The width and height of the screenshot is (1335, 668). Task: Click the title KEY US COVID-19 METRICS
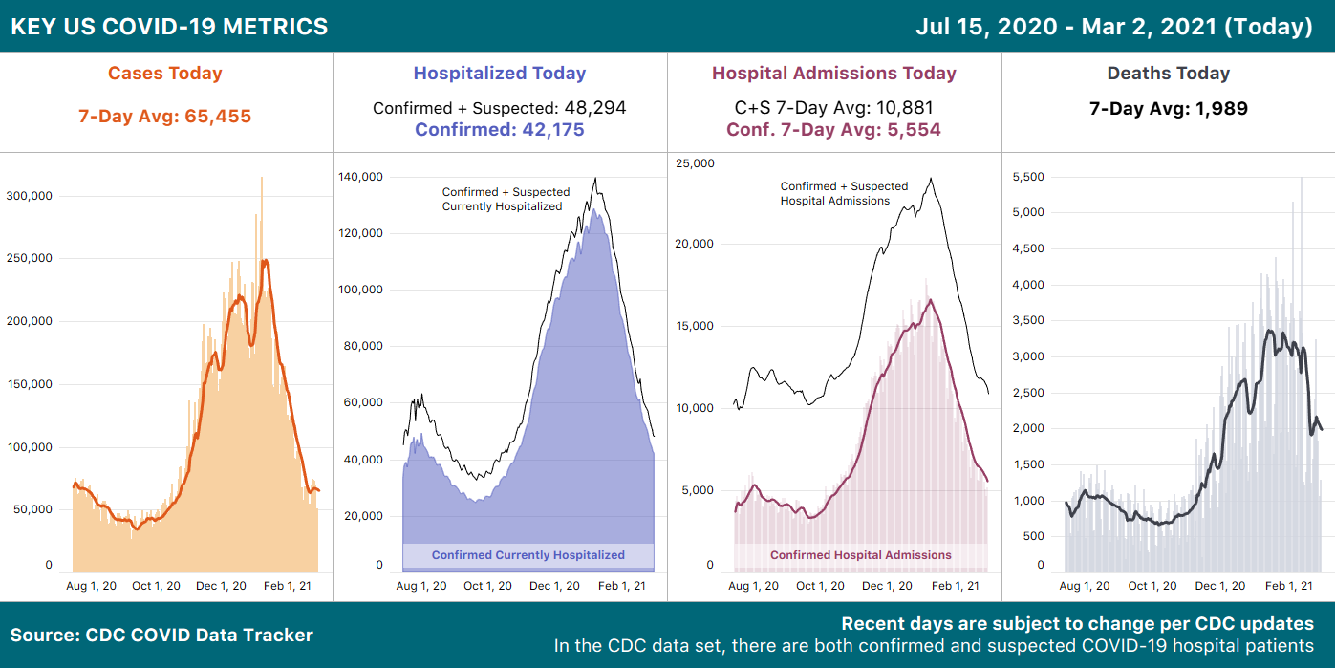tap(169, 27)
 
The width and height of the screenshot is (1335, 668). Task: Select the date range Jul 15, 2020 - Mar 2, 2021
tap(1113, 27)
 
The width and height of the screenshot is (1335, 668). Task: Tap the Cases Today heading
tap(164, 74)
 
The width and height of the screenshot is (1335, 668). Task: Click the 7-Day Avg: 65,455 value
tap(164, 117)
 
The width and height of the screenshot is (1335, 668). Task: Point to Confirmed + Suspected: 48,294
tap(499, 108)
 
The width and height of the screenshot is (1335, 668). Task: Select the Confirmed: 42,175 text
tap(499, 130)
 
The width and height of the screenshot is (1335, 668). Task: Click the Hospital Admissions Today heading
tap(833, 74)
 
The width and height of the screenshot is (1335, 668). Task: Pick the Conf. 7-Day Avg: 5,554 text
tap(833, 130)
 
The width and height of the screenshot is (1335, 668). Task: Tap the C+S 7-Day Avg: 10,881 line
tap(833, 108)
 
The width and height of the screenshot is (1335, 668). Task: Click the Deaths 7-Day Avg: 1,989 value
tap(1168, 109)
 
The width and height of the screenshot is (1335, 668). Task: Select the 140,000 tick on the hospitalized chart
tap(364, 177)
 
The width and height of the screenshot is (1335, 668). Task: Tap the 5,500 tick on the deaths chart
tap(1029, 177)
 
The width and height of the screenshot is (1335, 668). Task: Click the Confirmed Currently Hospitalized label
tap(528, 555)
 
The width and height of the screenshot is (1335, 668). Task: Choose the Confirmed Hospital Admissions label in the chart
tap(860, 555)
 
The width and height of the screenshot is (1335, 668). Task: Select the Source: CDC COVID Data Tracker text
tap(161, 635)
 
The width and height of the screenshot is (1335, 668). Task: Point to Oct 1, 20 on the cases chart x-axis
tap(156, 586)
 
